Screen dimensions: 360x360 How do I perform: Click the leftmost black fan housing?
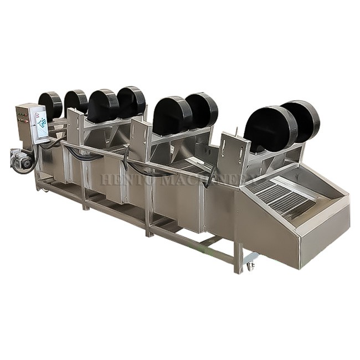tap(50, 105)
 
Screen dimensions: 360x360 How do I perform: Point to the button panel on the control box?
tap(24, 117)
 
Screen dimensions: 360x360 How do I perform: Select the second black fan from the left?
tap(75, 102)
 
